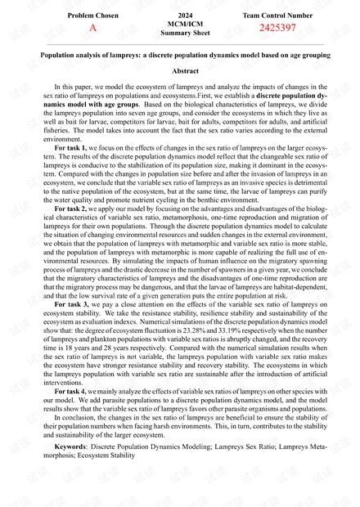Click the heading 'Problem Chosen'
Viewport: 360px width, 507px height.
(92, 16)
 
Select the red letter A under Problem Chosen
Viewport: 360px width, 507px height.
(92, 28)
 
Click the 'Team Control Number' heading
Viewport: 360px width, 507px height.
(277, 16)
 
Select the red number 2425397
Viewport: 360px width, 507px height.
(277, 28)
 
